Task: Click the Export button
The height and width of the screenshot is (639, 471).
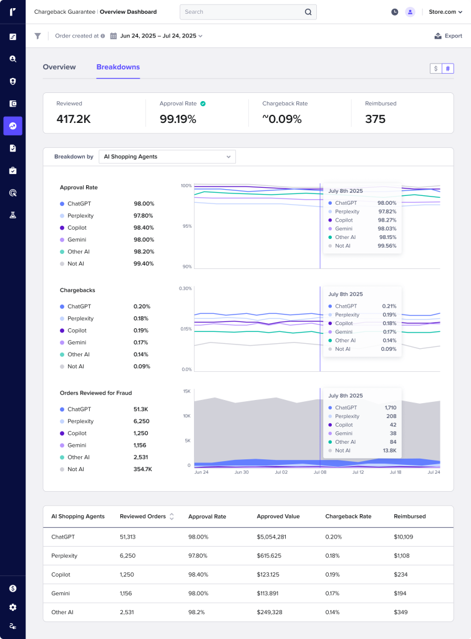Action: click(449, 36)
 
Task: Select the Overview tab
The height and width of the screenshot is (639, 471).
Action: click(59, 67)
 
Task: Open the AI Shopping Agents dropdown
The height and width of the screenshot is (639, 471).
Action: click(167, 157)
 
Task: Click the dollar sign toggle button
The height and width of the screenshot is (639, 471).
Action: click(435, 69)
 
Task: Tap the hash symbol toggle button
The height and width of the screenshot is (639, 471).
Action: click(447, 69)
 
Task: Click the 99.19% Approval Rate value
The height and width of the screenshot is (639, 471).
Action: click(178, 119)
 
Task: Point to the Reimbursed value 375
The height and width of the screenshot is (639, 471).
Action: click(375, 119)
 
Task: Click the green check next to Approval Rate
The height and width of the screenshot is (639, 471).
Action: click(203, 104)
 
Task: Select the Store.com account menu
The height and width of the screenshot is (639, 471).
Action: click(445, 12)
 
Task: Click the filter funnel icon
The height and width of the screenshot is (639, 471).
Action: click(37, 36)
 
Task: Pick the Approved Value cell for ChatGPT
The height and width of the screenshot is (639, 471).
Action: click(271, 537)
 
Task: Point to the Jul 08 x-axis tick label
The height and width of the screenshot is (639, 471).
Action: click(319, 472)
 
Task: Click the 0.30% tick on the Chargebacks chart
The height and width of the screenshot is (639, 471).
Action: click(185, 288)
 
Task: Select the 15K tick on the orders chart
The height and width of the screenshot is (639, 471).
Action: click(187, 391)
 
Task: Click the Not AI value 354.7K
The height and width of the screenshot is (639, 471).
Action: click(142, 469)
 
